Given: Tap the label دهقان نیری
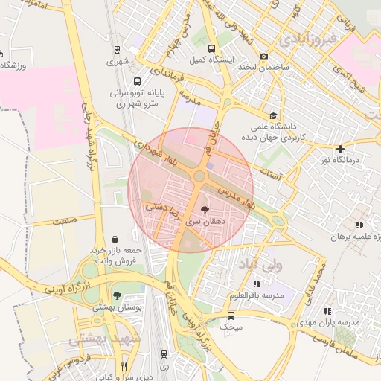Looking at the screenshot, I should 203,222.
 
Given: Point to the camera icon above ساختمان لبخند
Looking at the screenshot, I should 263,57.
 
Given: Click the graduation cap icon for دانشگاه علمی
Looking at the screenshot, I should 273,115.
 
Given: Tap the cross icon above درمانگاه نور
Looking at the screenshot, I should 341,149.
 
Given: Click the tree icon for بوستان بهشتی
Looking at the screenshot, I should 117,295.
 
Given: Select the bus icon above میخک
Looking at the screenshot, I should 231,316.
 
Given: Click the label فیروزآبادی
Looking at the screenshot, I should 306,36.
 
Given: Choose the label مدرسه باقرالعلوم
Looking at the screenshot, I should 261,295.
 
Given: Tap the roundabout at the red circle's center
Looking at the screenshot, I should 199,176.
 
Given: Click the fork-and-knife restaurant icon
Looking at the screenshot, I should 124,365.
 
